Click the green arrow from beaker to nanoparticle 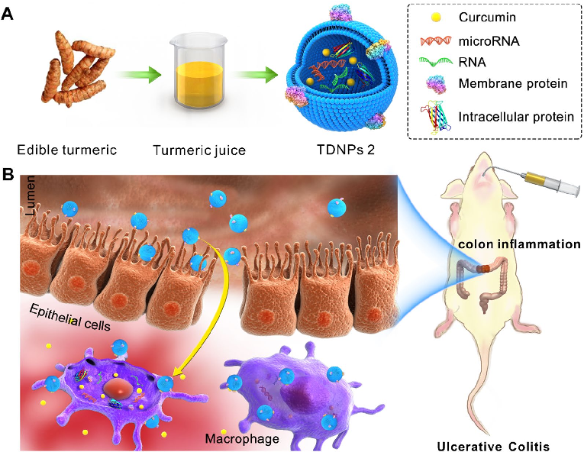[255, 75]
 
